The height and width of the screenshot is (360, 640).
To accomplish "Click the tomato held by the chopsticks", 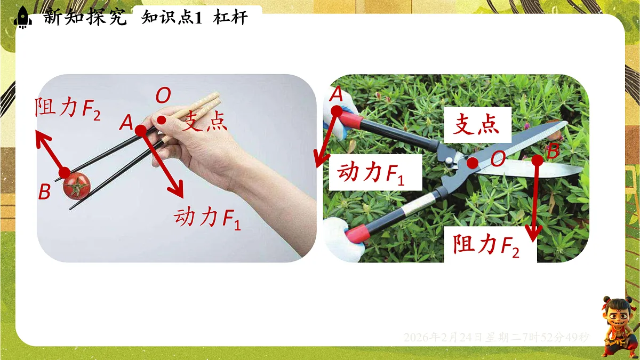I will [x=76, y=187].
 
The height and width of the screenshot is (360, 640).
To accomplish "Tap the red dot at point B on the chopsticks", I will [x=65, y=172].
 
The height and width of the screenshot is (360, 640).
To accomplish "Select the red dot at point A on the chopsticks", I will [x=140, y=130].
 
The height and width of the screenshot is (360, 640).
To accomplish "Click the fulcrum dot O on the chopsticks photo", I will [x=161, y=120].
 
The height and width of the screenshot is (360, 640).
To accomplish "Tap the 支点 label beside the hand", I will [x=205, y=122].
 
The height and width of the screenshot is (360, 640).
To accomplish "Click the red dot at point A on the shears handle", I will [x=337, y=111].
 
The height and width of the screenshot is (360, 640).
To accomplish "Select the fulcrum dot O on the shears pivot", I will [x=473, y=163].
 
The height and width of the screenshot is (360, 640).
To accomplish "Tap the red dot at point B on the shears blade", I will [x=537, y=159].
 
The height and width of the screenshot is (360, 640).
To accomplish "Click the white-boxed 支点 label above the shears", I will [x=477, y=125].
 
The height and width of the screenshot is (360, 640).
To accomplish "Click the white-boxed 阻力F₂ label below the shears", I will [x=486, y=245].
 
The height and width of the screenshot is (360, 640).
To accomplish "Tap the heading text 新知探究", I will [x=85, y=18].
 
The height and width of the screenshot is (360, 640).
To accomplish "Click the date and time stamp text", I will [x=497, y=337].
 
